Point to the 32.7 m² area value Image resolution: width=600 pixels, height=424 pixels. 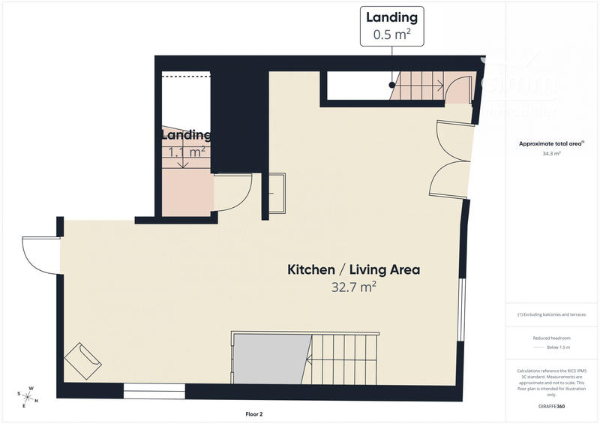pos(353,287)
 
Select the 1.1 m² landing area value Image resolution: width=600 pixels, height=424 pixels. pos(187,152)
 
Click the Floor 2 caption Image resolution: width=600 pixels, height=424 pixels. pos(253,413)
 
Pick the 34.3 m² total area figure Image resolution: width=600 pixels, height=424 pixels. pos(552,153)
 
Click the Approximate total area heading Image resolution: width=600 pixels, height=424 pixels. pos(551,143)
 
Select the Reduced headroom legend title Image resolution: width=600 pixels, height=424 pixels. pos(551,338)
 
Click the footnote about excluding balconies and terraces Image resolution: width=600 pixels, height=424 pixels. pos(552,314)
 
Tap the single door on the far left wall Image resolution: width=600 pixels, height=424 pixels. pos(41,255)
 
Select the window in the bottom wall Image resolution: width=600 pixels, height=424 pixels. pos(154,390)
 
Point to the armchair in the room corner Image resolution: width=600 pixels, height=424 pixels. pos(83,361)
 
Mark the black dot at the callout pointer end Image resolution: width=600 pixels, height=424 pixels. pos(391,86)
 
